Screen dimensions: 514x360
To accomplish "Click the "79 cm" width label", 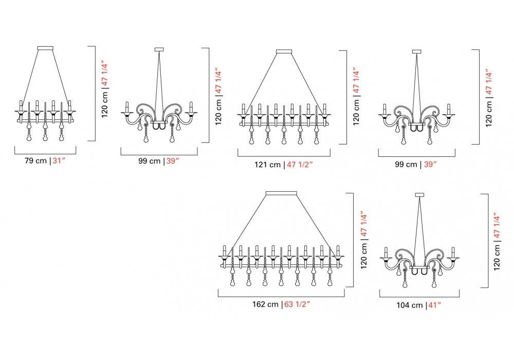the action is point(36,160).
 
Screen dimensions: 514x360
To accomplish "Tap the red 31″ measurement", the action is point(59,160).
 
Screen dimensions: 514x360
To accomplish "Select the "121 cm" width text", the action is point(267,165).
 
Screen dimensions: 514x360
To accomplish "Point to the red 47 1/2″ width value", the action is point(300,165).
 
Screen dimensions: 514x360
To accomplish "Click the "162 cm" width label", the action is point(265,304).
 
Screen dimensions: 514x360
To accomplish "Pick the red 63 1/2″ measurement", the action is point(297,304).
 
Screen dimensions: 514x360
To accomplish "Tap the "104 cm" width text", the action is point(410,305).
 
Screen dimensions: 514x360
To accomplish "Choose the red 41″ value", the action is point(435,305).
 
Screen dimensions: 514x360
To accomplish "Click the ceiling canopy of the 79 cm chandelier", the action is point(45,48).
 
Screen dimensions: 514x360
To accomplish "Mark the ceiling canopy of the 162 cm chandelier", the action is point(281,193).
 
